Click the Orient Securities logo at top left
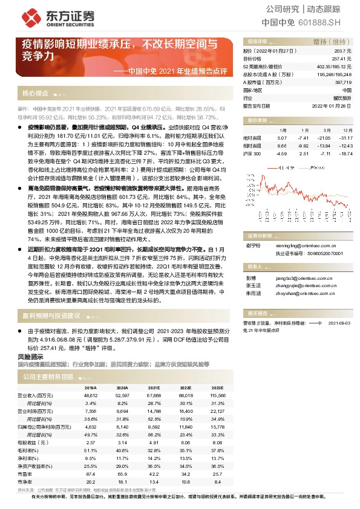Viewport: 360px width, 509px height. click(46, 17)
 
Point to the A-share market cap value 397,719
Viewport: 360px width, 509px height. click(342, 82)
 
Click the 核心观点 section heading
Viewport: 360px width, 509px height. click(34, 94)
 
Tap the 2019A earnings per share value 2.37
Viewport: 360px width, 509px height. click(91, 442)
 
